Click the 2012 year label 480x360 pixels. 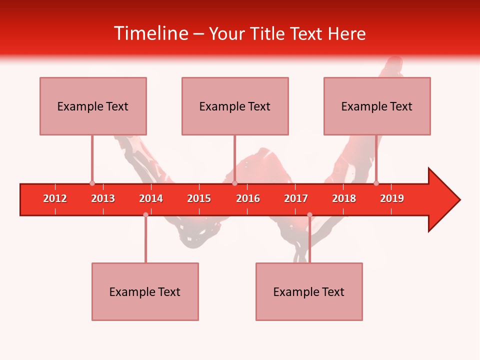tap(55, 198)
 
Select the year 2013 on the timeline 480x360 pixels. tap(103, 198)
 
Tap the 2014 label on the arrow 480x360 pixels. tap(151, 198)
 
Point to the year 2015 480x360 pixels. tap(199, 198)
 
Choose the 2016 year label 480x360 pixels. tap(248, 198)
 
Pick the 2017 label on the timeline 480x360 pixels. tap(296, 198)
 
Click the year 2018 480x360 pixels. tap(344, 198)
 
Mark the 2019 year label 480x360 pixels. tap(392, 198)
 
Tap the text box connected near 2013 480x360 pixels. tap(93, 106)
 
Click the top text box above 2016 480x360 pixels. tap(235, 106)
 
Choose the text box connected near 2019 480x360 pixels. tap(377, 106)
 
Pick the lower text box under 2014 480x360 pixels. tap(145, 291)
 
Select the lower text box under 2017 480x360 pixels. tap(309, 291)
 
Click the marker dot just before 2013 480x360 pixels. tap(92, 183)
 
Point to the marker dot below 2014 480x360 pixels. tap(145, 214)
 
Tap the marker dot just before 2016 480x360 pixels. tap(234, 183)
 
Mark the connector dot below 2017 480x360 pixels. tap(309, 214)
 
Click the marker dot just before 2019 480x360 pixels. tap(376, 183)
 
